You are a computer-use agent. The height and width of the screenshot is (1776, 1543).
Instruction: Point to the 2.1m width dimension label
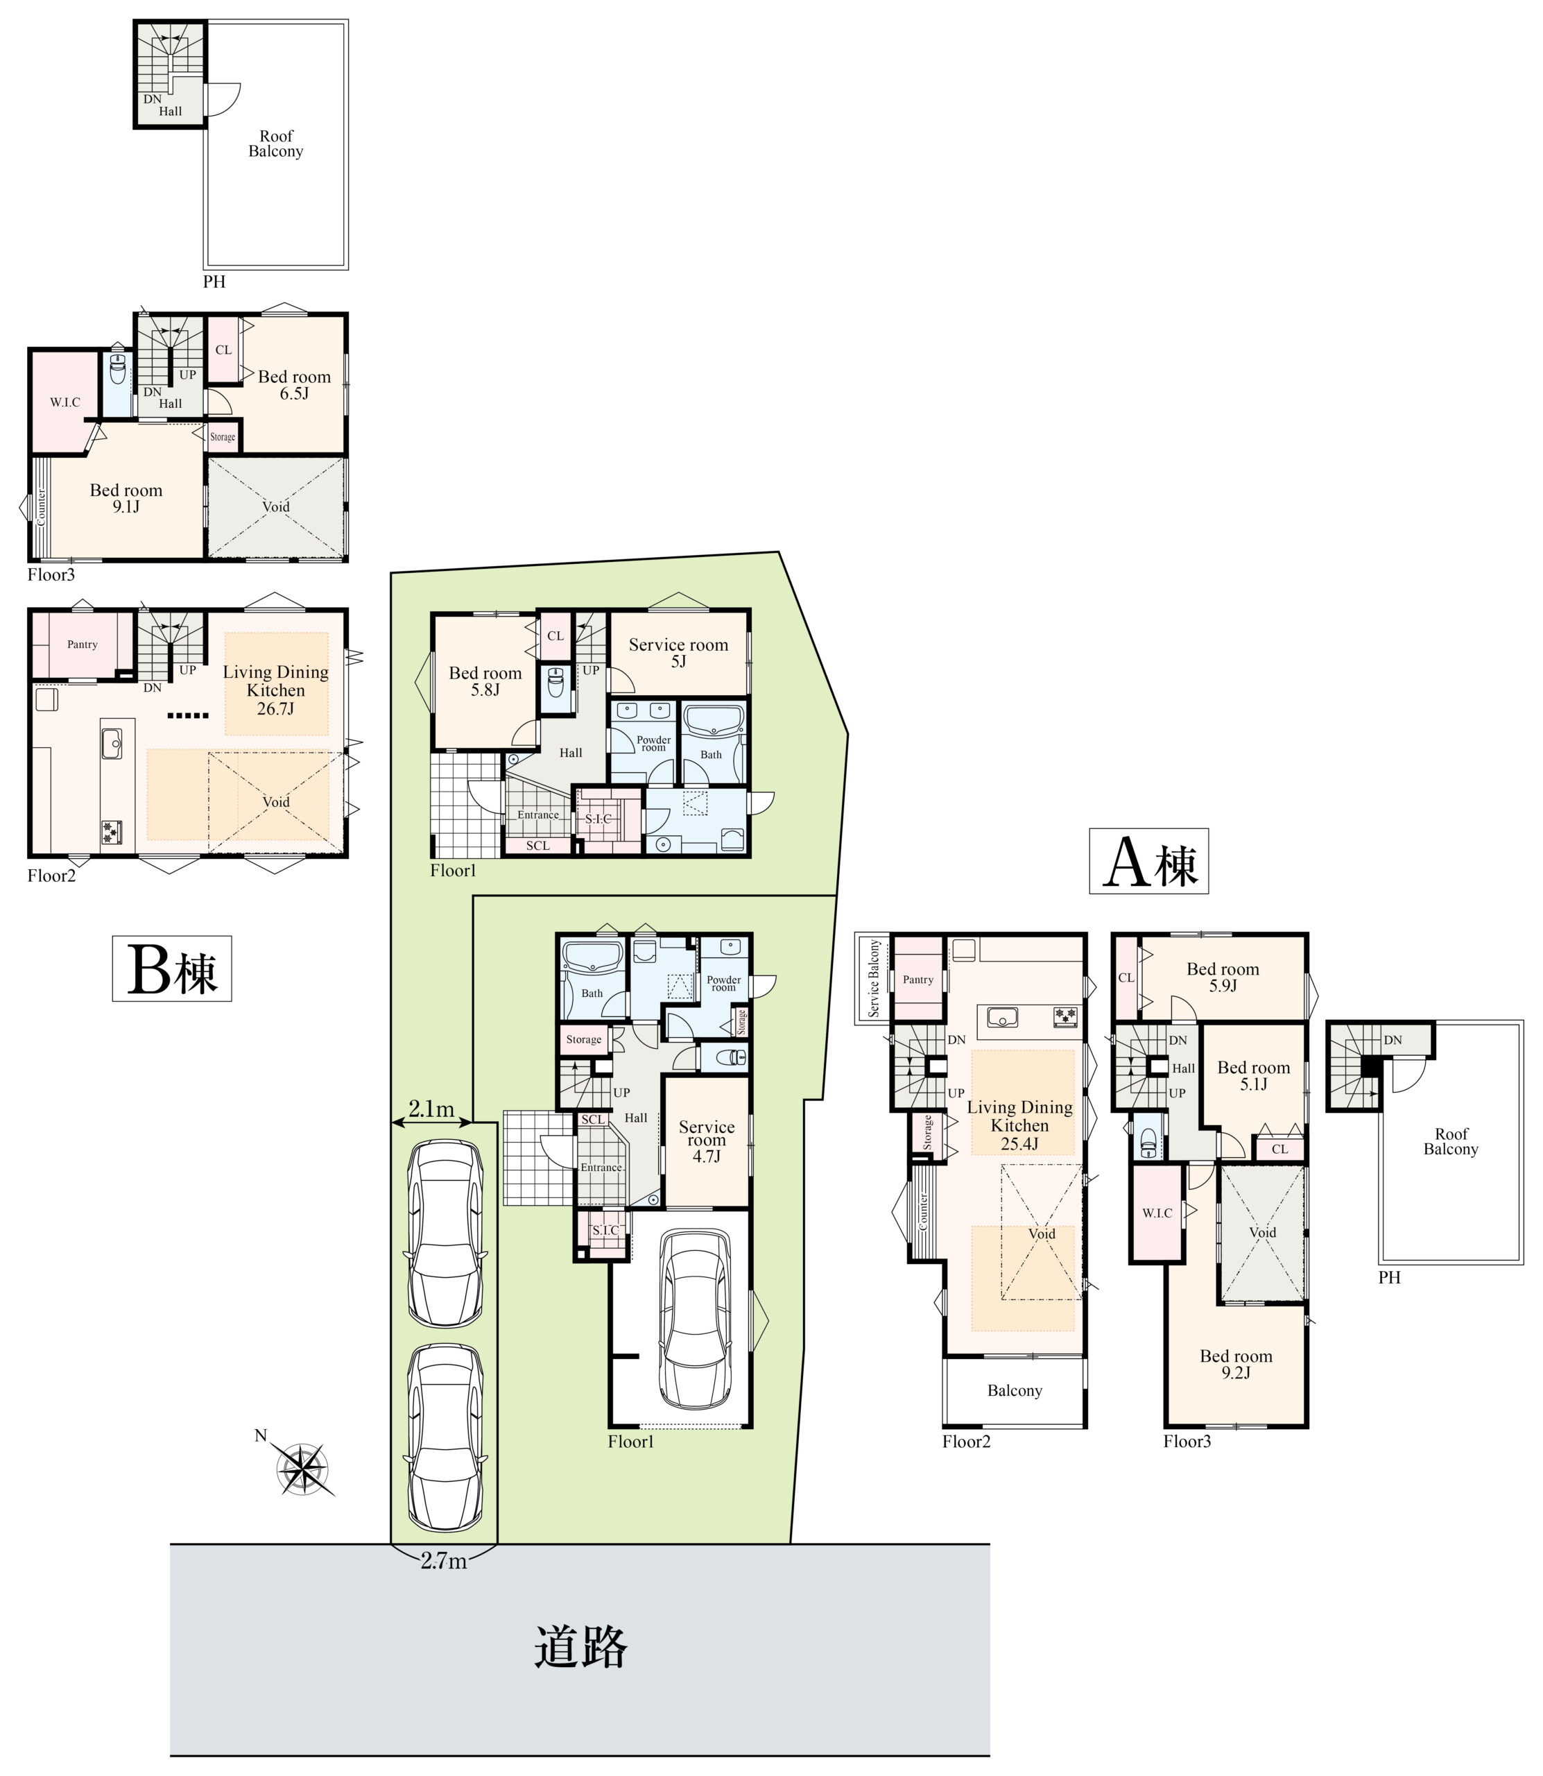431,1109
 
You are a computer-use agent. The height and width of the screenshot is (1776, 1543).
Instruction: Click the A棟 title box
1148,862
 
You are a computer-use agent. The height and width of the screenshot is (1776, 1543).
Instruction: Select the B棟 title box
172,968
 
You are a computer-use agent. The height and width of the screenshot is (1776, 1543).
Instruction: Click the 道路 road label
580,1647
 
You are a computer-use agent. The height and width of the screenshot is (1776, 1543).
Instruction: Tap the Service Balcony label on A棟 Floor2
874,978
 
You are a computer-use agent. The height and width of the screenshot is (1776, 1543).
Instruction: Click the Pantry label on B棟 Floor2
83,644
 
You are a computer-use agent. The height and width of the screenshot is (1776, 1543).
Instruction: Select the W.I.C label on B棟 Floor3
64,402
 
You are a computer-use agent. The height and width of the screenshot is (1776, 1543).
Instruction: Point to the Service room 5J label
678,653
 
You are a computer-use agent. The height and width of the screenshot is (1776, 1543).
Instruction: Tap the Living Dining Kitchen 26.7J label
275,690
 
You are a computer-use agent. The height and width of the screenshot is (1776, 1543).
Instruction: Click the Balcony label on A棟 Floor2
1015,1390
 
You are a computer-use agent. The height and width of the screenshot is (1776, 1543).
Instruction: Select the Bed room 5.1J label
1254,1076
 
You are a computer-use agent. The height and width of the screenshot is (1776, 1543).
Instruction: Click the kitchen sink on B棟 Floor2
112,742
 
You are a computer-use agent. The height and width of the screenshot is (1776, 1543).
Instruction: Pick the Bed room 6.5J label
295,385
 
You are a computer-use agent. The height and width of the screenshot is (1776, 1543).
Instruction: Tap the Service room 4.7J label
707,1141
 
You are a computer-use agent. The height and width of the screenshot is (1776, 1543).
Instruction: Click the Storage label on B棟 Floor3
223,436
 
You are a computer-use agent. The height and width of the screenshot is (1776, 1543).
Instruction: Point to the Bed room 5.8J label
485,681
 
